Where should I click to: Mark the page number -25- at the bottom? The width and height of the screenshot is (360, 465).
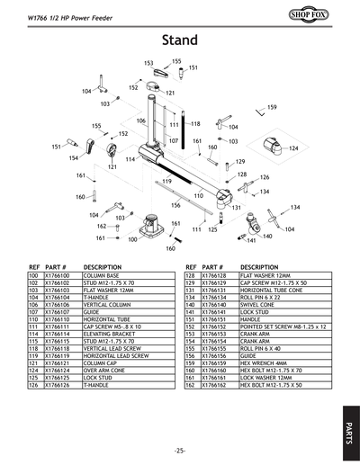click(x=180, y=450)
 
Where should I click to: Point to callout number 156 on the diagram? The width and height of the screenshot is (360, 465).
click(x=176, y=205)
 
